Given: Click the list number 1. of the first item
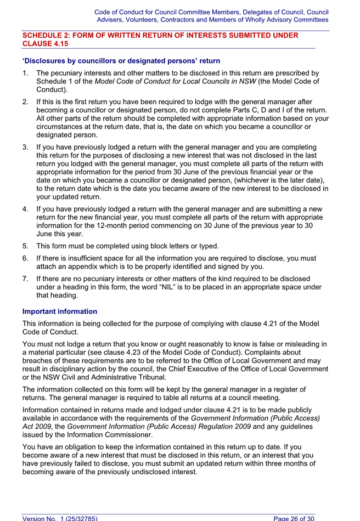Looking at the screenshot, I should [26, 73].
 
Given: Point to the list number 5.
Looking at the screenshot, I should [26, 245].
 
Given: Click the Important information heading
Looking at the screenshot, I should [60, 311].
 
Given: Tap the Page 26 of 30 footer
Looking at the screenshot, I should [295, 517].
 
